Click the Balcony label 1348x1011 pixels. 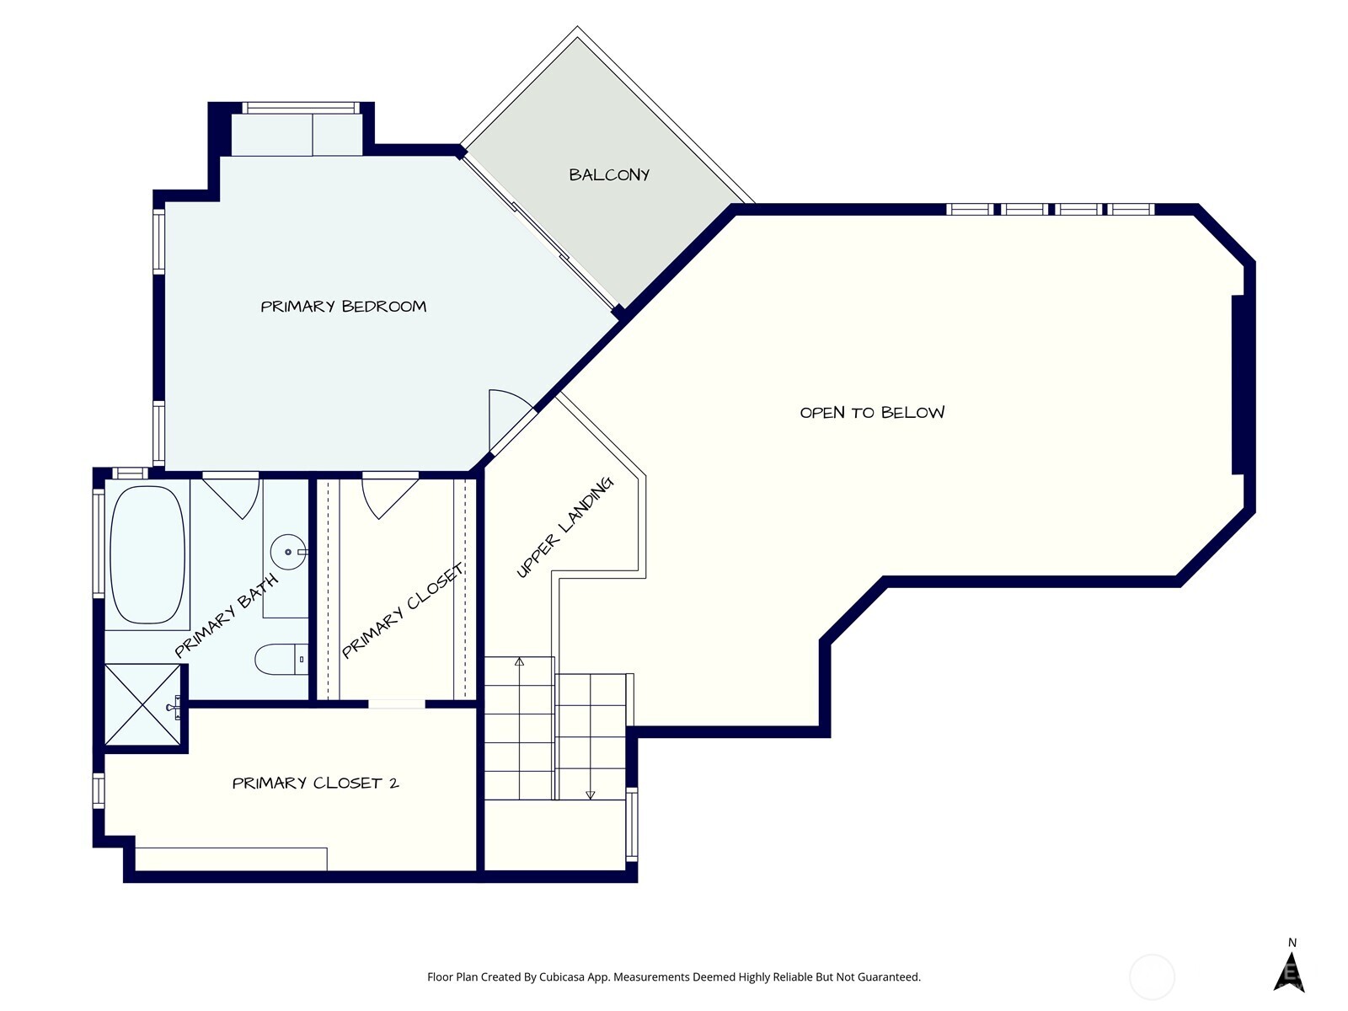pyautogui.click(x=609, y=175)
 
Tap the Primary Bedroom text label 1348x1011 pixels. pyautogui.click(x=343, y=307)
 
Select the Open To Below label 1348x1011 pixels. pyautogui.click(x=872, y=413)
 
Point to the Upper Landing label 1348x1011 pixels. pyautogui.click(x=564, y=528)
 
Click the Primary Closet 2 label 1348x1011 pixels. pyautogui.click(x=315, y=784)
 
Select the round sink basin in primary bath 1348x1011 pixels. pyautogui.click(x=286, y=553)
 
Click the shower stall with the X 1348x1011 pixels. pyautogui.click(x=142, y=704)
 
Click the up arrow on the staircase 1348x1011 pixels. pyautogui.click(x=519, y=663)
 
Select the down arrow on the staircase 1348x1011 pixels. pyautogui.click(x=590, y=794)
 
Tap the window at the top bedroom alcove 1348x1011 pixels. pyautogui.click(x=301, y=108)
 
